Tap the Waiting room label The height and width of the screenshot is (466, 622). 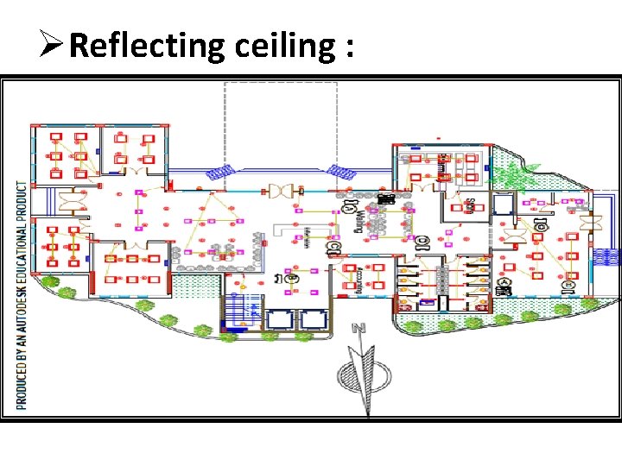coord(359,223)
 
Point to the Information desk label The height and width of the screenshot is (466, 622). coord(308,236)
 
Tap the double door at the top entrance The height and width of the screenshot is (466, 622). coord(282,191)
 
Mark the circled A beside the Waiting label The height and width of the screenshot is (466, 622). coord(348,207)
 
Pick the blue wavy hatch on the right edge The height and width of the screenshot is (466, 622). coord(609,256)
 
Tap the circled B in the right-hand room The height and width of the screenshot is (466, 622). coord(568,285)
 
